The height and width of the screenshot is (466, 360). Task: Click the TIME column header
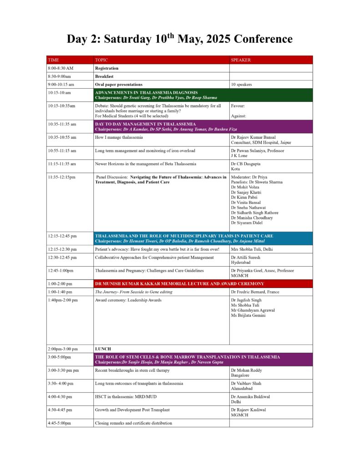53,60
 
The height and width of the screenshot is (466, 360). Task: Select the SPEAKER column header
241,60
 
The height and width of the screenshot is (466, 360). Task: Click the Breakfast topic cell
104,76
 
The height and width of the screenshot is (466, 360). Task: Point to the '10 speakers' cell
242,85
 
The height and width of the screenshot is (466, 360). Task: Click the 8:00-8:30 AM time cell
61,68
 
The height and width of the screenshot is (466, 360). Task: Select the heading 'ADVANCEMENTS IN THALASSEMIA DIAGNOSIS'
146,92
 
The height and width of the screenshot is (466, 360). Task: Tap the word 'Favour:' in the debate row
238,106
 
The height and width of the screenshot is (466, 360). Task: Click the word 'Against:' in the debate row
239,116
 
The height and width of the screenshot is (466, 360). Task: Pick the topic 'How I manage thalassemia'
119,137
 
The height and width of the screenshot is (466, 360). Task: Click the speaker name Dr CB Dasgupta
247,164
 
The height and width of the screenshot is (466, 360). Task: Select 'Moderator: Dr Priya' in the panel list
249,177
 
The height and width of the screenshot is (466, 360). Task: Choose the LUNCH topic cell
103,349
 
